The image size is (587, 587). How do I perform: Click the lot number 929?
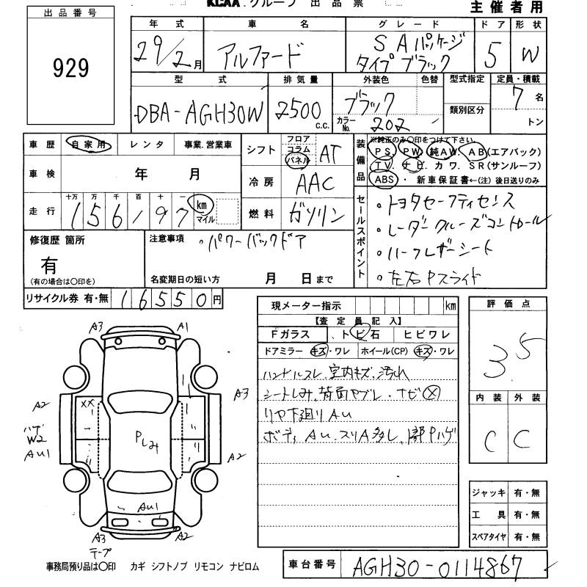click(71, 68)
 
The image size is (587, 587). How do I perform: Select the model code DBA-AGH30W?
click(198, 113)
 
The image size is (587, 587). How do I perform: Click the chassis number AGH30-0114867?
click(439, 566)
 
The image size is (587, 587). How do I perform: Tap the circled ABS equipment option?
click(383, 179)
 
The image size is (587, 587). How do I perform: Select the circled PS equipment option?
click(381, 150)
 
